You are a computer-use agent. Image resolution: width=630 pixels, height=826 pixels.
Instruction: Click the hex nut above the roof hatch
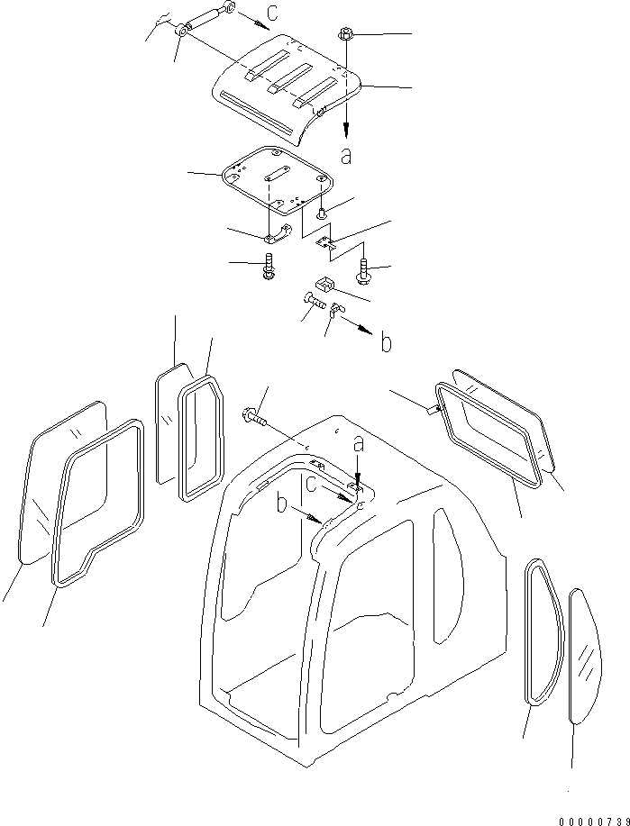(344, 35)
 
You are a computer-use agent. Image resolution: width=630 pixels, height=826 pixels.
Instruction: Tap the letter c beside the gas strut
(272, 12)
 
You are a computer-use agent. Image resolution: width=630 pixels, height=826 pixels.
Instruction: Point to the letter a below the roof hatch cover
(346, 156)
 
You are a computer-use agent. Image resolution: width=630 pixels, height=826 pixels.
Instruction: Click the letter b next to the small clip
(386, 343)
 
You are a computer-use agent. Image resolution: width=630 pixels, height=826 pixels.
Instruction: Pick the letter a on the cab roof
(359, 446)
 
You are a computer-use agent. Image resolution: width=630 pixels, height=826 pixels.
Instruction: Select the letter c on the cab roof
(312, 484)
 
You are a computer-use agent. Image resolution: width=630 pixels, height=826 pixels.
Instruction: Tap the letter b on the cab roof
(283, 504)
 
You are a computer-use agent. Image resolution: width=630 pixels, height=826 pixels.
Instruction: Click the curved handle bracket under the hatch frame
(278, 234)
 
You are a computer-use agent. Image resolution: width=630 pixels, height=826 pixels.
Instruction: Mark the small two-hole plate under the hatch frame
(324, 242)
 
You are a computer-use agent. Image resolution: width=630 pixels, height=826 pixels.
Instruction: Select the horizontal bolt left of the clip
(315, 303)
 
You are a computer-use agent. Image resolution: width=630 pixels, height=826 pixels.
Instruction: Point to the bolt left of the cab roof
(254, 417)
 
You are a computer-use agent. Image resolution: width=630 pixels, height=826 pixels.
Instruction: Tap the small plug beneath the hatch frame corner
(321, 213)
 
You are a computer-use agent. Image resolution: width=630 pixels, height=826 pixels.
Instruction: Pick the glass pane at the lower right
(586, 656)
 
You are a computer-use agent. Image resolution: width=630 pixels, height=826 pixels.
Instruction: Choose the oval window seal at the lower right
(544, 631)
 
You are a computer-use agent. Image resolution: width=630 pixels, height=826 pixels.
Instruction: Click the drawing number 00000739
(594, 821)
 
